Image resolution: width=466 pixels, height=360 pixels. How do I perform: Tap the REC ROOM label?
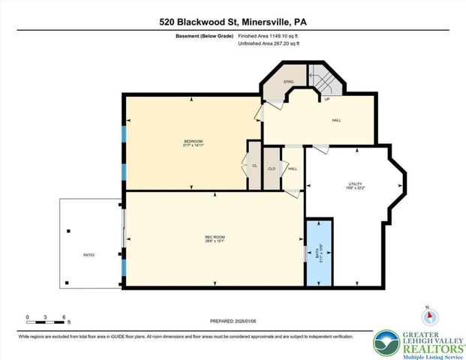tap(215, 237)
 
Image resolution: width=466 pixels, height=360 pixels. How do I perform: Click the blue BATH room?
tap(318, 252)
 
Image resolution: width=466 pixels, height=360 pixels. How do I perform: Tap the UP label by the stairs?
tap(326, 99)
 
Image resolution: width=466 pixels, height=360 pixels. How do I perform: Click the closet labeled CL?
tap(254, 166)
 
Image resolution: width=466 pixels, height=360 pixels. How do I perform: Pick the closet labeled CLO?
tap(271, 169)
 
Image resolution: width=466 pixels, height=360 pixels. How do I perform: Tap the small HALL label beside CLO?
tap(293, 169)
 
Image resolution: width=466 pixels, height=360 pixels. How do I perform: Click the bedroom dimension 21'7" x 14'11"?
tap(194, 145)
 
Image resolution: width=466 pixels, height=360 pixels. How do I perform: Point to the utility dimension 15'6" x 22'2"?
tap(356, 188)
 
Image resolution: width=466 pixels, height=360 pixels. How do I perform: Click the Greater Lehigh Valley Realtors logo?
tap(416, 338)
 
